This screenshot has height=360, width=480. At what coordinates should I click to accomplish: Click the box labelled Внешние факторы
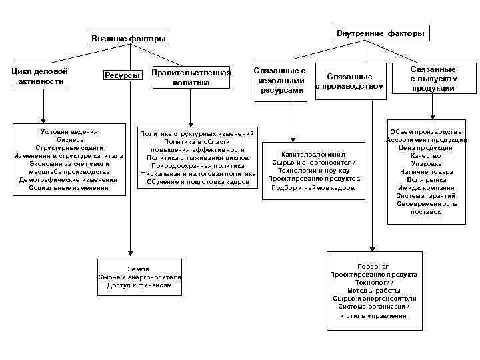click(x=129, y=39)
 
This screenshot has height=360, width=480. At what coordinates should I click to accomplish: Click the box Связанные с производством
click(x=349, y=81)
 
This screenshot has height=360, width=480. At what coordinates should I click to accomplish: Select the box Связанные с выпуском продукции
click(x=433, y=79)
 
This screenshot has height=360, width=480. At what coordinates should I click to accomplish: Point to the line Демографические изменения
click(x=68, y=179)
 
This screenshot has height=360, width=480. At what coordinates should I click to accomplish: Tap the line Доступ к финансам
click(x=139, y=285)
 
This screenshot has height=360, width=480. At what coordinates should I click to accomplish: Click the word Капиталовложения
click(x=313, y=153)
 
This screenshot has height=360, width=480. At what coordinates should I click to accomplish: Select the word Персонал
click(x=373, y=266)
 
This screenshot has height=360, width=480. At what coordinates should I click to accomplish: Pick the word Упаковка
click(x=427, y=163)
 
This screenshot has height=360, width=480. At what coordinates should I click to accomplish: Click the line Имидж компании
click(x=427, y=187)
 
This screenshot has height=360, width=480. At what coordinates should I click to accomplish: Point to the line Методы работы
click(x=373, y=291)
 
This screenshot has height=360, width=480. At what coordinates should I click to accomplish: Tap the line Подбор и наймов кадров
click(x=313, y=188)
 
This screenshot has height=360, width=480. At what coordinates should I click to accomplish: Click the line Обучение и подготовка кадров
click(x=198, y=181)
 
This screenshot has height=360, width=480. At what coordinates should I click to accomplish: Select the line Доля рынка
click(x=427, y=179)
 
